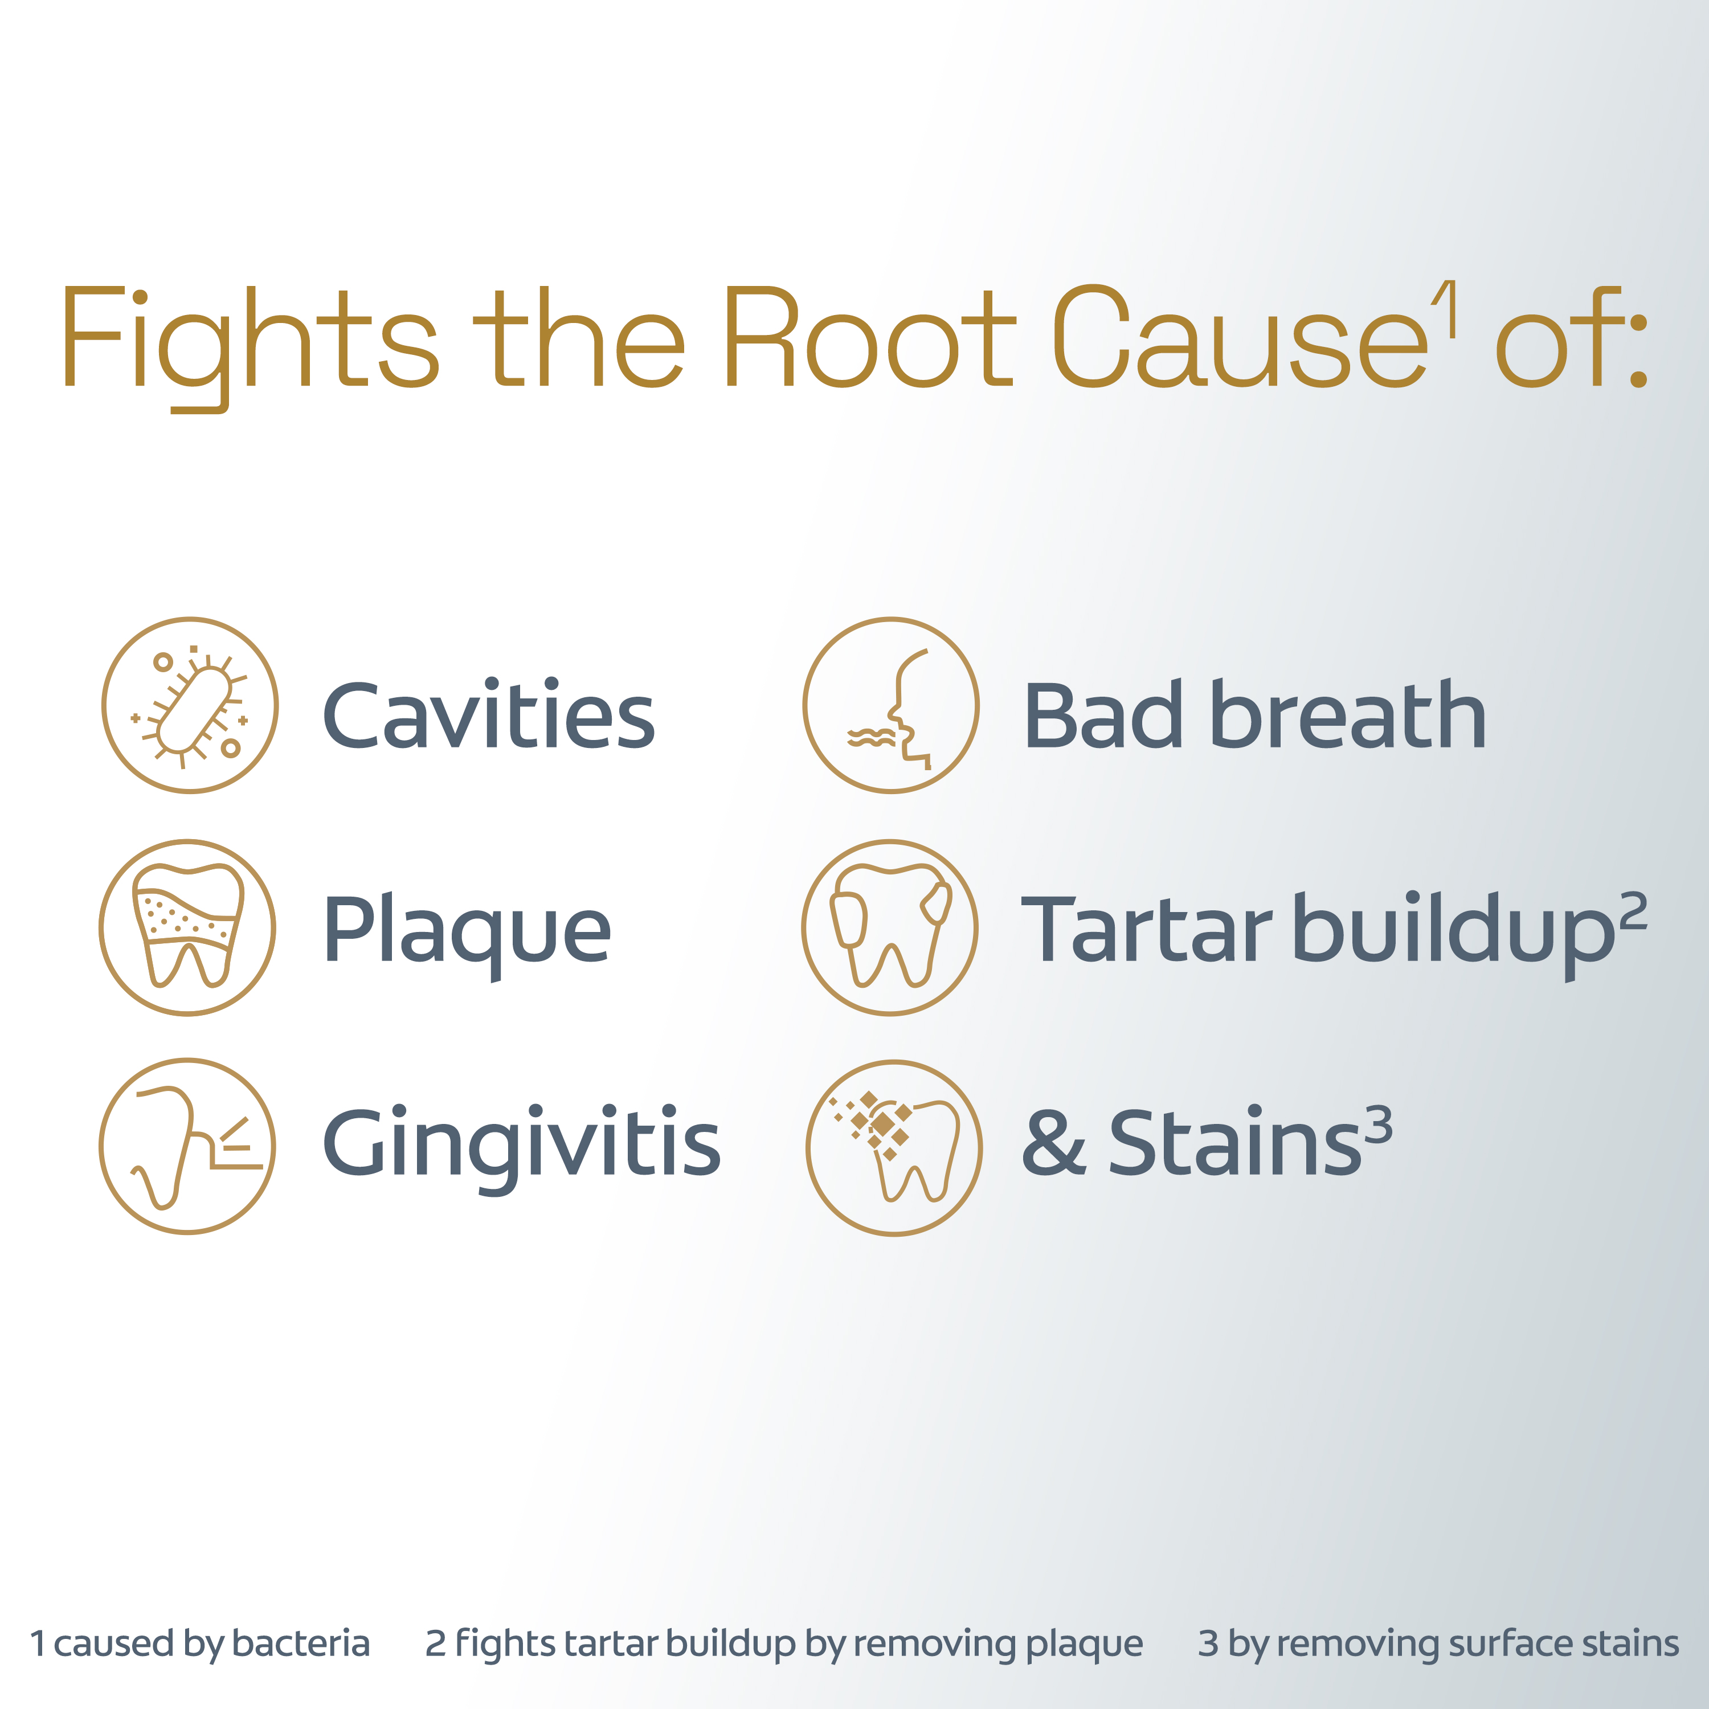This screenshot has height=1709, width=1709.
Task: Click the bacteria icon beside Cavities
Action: pyautogui.click(x=190, y=705)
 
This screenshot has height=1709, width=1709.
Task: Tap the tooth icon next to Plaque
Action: pyautogui.click(x=187, y=927)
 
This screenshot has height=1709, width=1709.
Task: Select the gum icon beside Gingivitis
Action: pyautogui.click(x=187, y=1146)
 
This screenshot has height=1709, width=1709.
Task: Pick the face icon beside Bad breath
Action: pyautogui.click(x=891, y=705)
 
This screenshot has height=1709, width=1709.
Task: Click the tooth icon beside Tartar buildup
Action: pyautogui.click(x=890, y=927)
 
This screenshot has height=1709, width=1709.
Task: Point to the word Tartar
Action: pyautogui.click(x=1146, y=928)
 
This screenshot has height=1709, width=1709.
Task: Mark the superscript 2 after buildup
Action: pyautogui.click(x=1633, y=911)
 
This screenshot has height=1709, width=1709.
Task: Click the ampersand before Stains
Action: pyautogui.click(x=1053, y=1143)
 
